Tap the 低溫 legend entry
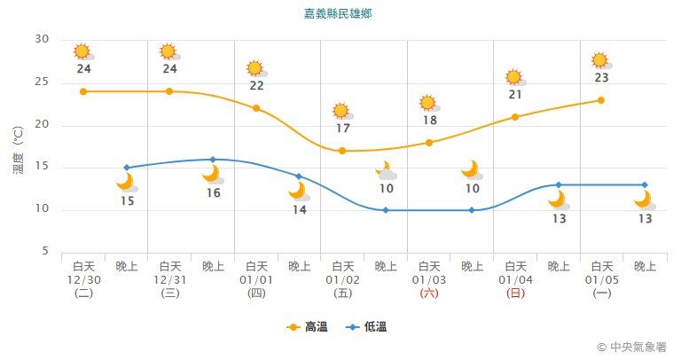[x=366, y=327]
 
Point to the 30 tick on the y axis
[x=43, y=39]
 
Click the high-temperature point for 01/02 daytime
[x=342, y=151]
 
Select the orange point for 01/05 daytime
[x=601, y=100]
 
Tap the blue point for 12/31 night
[x=213, y=160]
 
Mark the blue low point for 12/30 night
[x=127, y=168]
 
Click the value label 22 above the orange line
[x=256, y=86]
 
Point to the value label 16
[x=213, y=192]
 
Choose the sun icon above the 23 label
[x=600, y=60]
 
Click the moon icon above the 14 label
[x=297, y=191]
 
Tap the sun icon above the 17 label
[x=341, y=111]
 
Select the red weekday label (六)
[x=429, y=293]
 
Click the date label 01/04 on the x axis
[x=515, y=279]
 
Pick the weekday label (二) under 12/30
[x=83, y=293]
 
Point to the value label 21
[x=515, y=95]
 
